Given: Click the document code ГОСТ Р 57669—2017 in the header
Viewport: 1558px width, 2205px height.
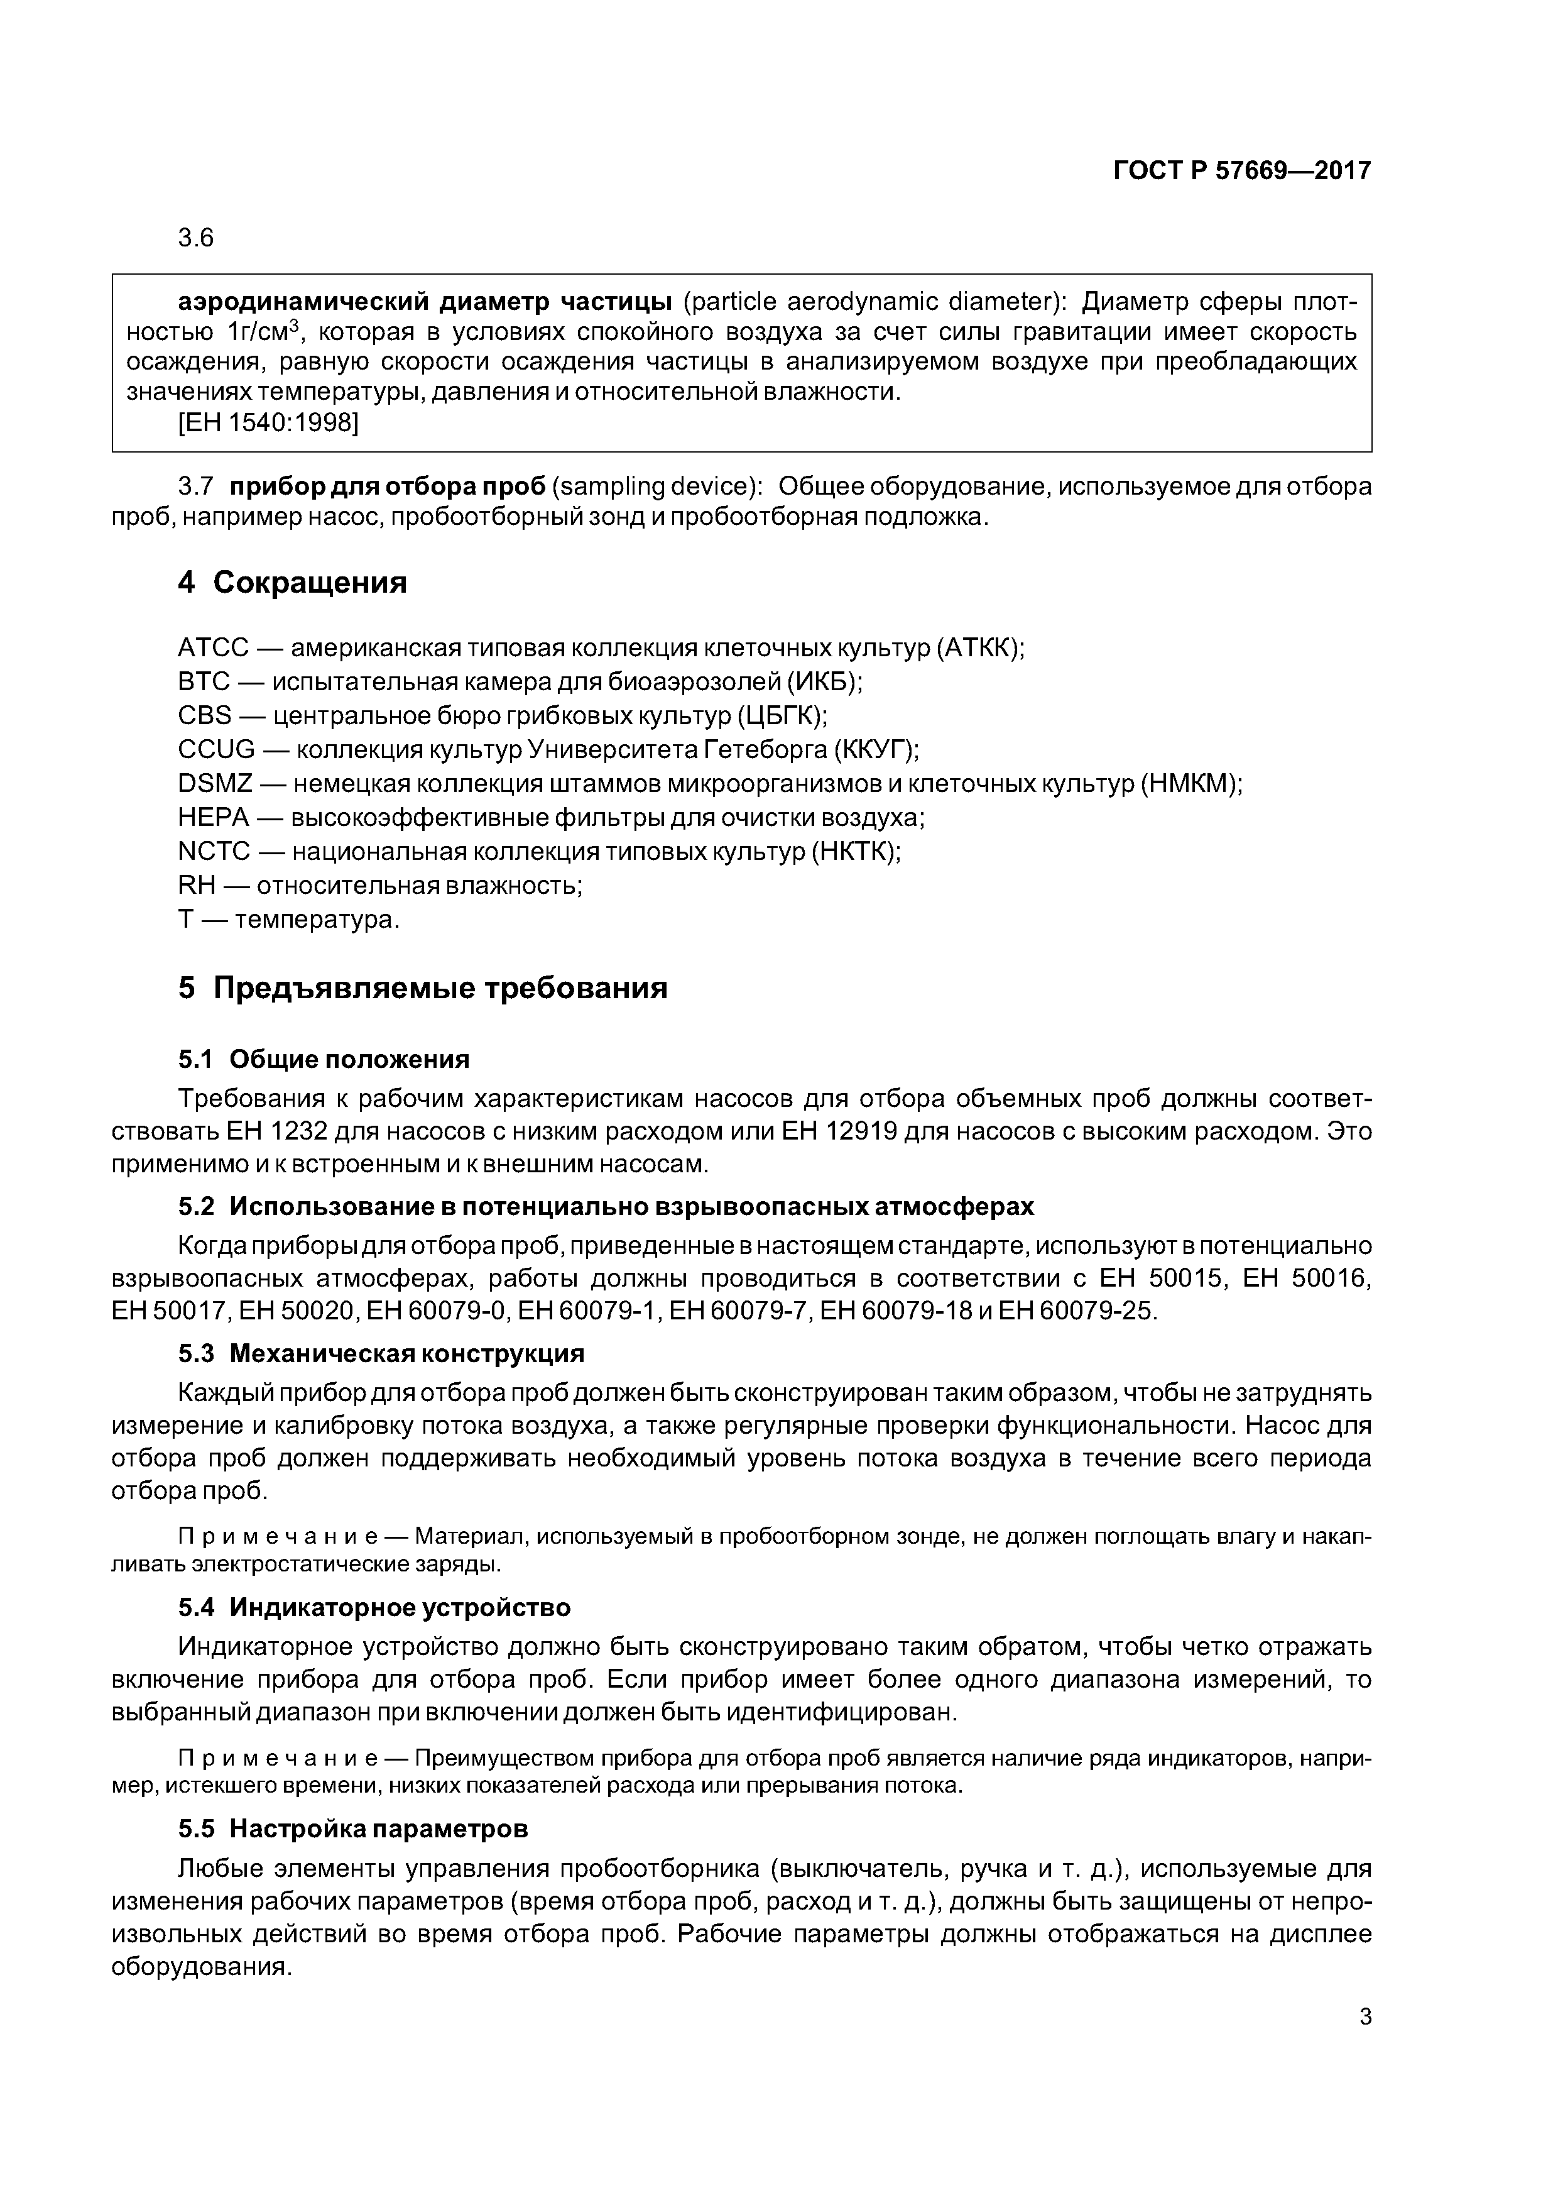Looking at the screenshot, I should [x=1241, y=171].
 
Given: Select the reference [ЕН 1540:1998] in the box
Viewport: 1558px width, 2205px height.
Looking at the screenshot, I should [x=268, y=422].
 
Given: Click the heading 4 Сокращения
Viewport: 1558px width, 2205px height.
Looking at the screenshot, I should [x=292, y=582].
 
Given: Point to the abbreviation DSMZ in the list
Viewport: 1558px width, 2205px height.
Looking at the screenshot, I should [x=215, y=784].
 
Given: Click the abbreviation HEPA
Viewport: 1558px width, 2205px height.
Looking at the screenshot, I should [x=213, y=817].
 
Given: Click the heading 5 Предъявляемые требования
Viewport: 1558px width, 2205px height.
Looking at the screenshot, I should [x=422, y=987].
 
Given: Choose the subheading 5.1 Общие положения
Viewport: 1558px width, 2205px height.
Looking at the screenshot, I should [x=324, y=1059].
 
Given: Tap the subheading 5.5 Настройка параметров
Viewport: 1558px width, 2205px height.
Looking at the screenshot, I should [x=352, y=1828].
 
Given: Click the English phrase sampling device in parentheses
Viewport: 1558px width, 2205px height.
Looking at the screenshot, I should [x=653, y=487].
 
